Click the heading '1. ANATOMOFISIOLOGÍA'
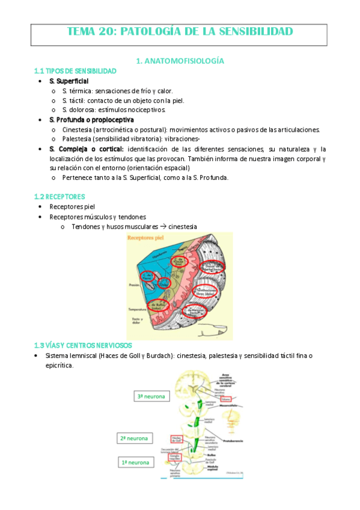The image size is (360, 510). tap(180, 61)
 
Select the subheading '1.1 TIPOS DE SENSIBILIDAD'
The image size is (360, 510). tap(75, 71)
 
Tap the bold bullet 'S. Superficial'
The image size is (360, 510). tap(69, 81)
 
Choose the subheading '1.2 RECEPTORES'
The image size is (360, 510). tap(59, 197)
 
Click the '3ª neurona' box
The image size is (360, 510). tap(153, 396)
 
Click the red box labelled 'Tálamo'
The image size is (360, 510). tap(227, 399)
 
